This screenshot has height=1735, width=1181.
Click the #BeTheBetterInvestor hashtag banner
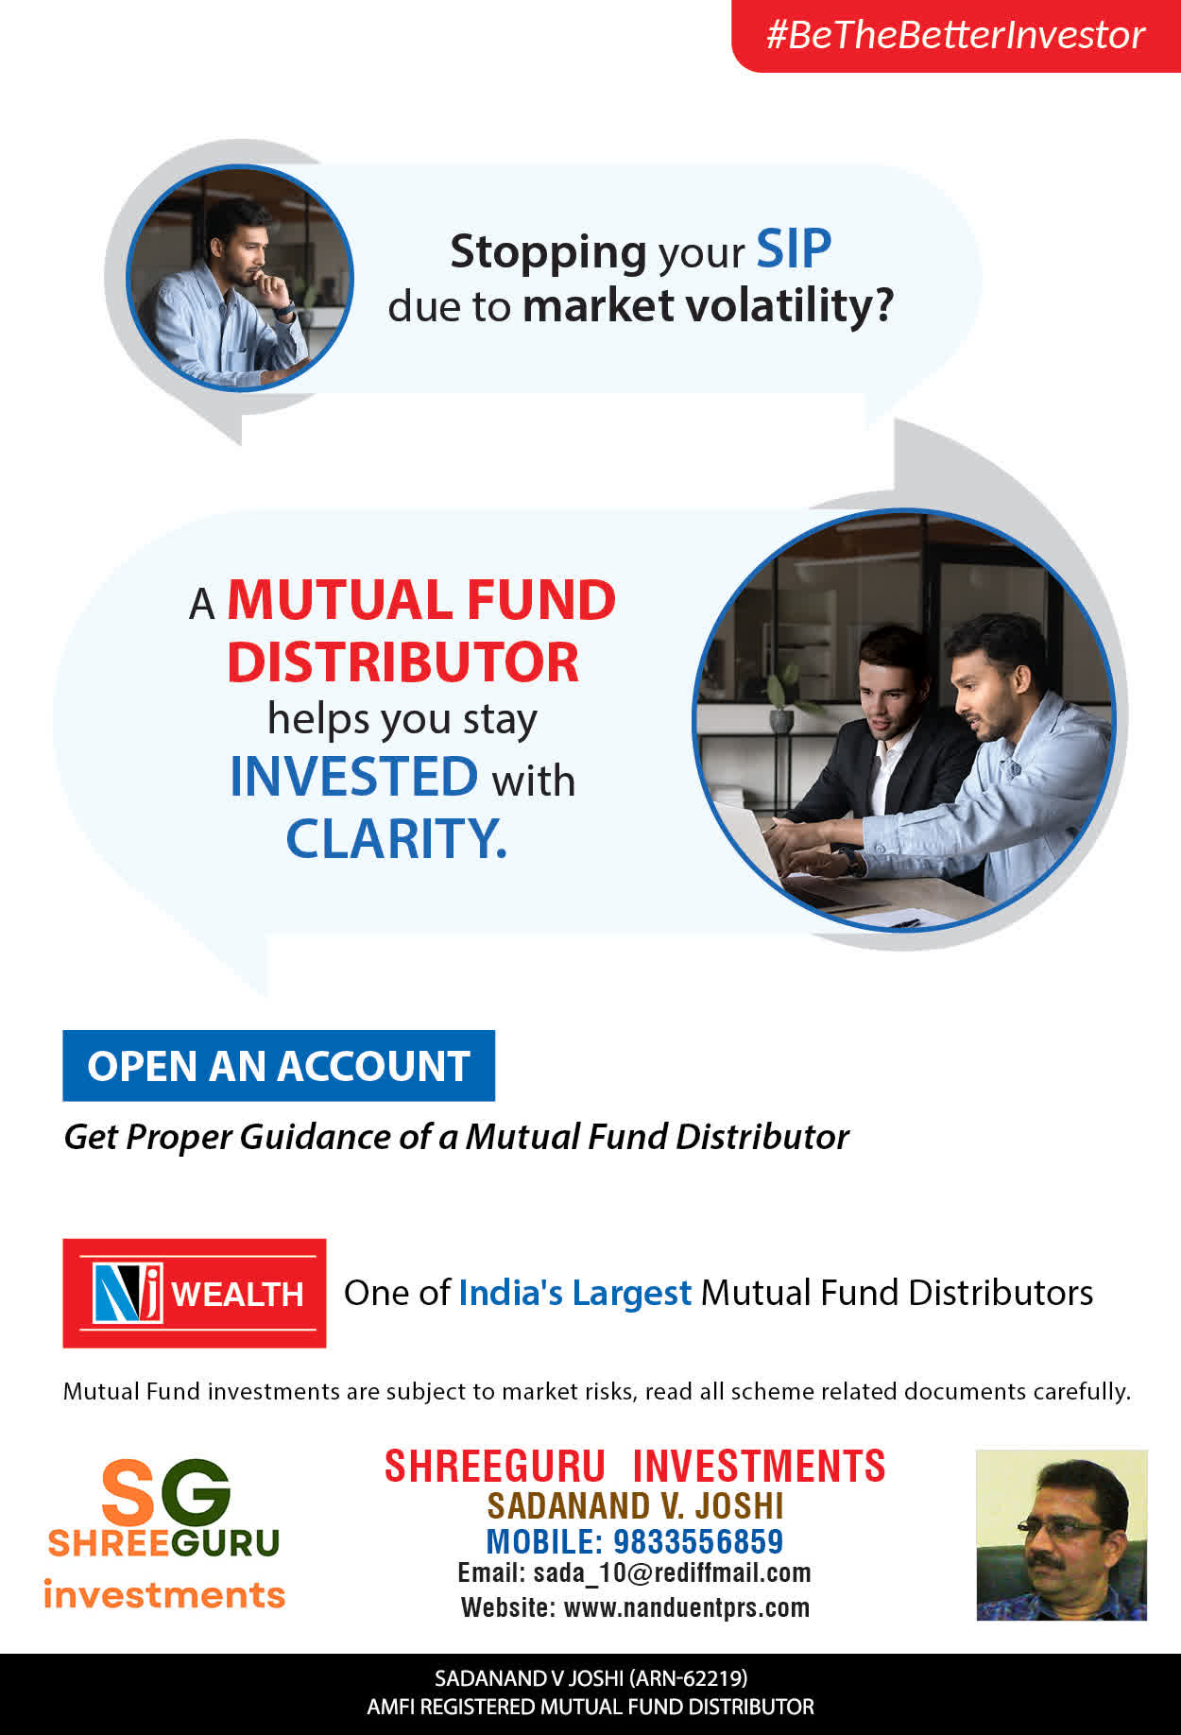956,36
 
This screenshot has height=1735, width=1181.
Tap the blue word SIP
794,249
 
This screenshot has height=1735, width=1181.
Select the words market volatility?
708,306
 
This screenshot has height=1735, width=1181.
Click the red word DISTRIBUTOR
402,661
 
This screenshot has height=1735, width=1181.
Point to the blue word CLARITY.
396,838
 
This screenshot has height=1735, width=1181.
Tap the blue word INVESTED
354,777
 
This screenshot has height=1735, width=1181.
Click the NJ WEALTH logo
195,1293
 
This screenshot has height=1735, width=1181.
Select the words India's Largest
575,1293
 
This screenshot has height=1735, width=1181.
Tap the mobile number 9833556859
698,1541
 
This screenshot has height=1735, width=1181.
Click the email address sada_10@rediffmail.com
672,1573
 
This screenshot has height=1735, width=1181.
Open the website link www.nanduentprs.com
687,1607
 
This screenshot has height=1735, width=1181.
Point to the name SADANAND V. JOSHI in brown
636,1505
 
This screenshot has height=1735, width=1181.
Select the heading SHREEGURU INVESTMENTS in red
635,1467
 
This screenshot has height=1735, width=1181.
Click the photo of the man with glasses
1061,1536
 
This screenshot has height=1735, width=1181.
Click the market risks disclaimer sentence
597,1391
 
